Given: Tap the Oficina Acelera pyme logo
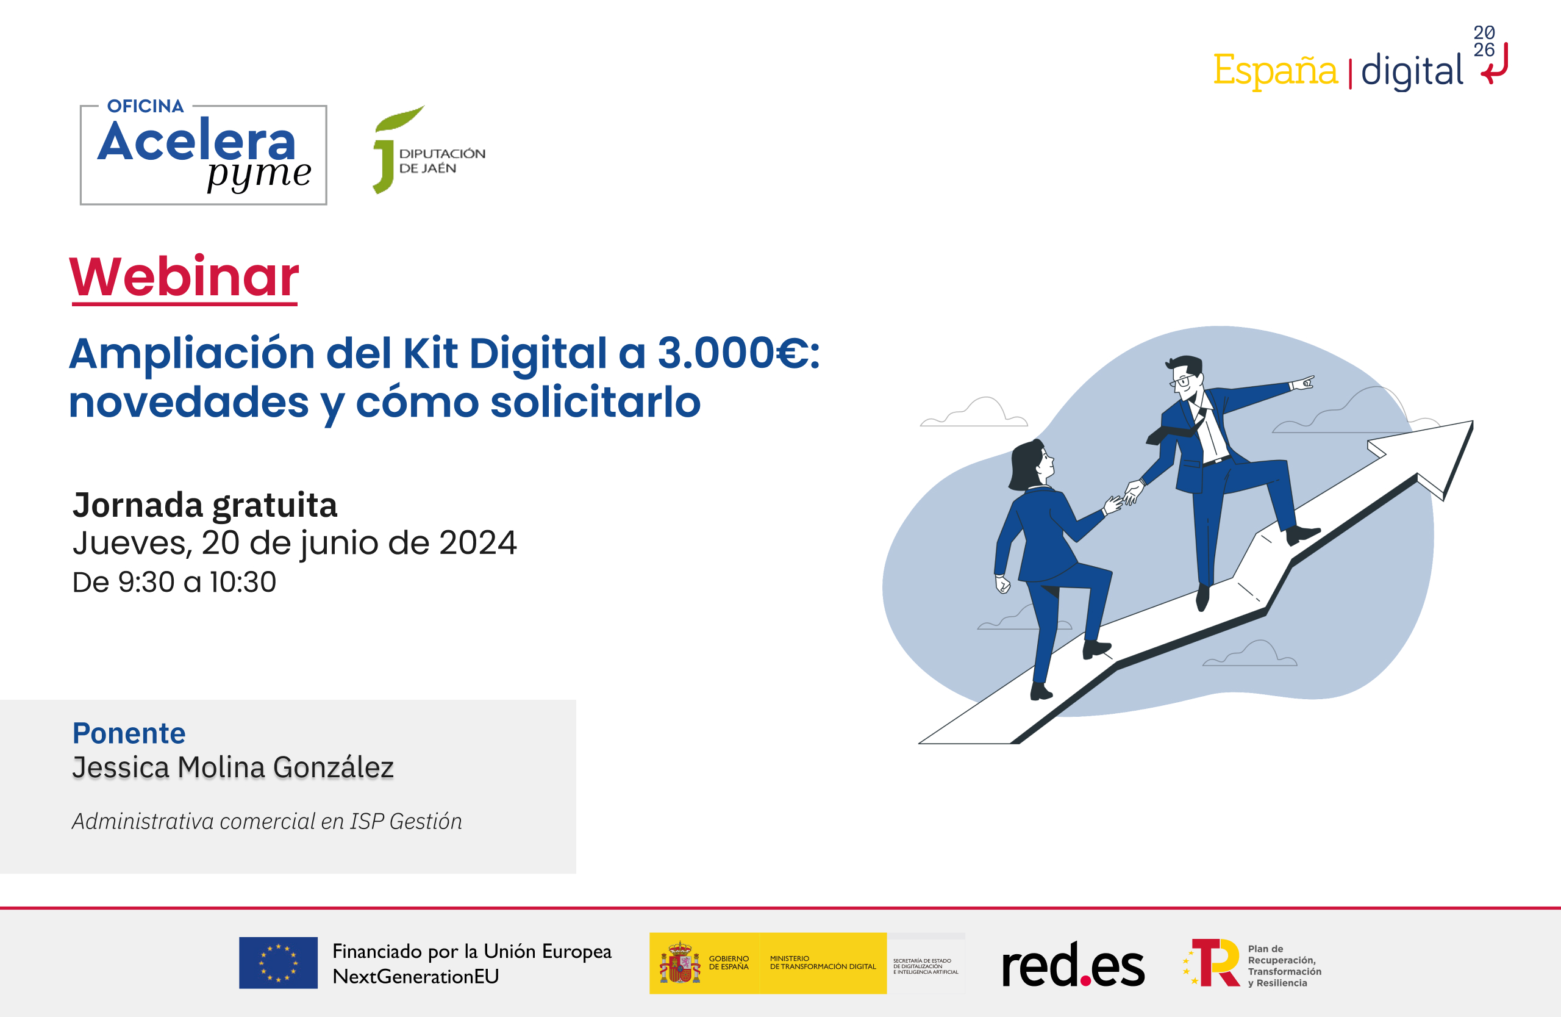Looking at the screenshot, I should click(x=203, y=154).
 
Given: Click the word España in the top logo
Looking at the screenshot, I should click(x=1274, y=70).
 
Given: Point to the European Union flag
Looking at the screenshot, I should click(x=278, y=963).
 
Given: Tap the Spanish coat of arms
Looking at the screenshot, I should click(x=679, y=963).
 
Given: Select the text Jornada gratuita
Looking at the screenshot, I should click(x=205, y=505).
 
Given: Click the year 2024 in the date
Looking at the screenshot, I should click(x=477, y=544).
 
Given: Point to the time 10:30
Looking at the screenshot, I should click(x=243, y=583).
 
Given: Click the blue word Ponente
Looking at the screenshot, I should click(x=129, y=733).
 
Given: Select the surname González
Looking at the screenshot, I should click(x=333, y=767).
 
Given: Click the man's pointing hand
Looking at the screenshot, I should click(x=1302, y=383).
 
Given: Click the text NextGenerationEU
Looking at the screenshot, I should click(x=416, y=976).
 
